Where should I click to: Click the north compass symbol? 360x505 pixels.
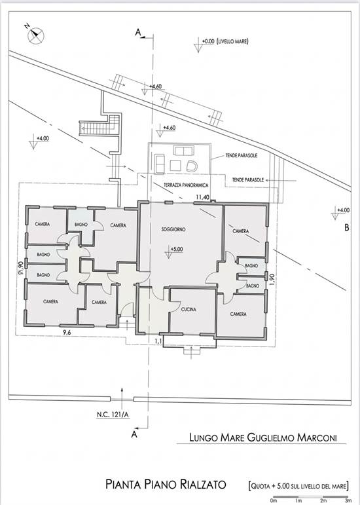click(35, 35)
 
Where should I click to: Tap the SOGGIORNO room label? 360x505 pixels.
click(173, 230)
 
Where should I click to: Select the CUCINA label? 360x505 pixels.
click(189, 310)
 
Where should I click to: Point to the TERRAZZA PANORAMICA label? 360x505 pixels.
click(186, 185)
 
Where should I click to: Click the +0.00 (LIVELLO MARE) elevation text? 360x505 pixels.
click(225, 41)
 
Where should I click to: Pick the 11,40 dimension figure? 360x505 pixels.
click(203, 197)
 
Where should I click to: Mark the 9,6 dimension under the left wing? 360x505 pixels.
click(67, 333)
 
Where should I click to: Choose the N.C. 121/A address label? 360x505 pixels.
click(113, 415)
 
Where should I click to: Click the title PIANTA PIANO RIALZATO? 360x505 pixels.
click(166, 485)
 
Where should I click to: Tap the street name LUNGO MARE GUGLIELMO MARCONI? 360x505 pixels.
click(263, 438)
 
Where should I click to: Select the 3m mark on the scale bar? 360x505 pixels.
click(348, 501)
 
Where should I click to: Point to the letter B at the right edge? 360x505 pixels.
click(346, 228)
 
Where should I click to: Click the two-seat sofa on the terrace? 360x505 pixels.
click(184, 150)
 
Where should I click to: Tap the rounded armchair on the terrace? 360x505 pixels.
click(192, 166)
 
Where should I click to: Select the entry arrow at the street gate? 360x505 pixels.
click(122, 394)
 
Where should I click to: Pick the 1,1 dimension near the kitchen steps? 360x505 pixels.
click(158, 340)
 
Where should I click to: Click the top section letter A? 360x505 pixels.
click(138, 32)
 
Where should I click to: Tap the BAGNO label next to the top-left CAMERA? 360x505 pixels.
click(81, 225)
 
